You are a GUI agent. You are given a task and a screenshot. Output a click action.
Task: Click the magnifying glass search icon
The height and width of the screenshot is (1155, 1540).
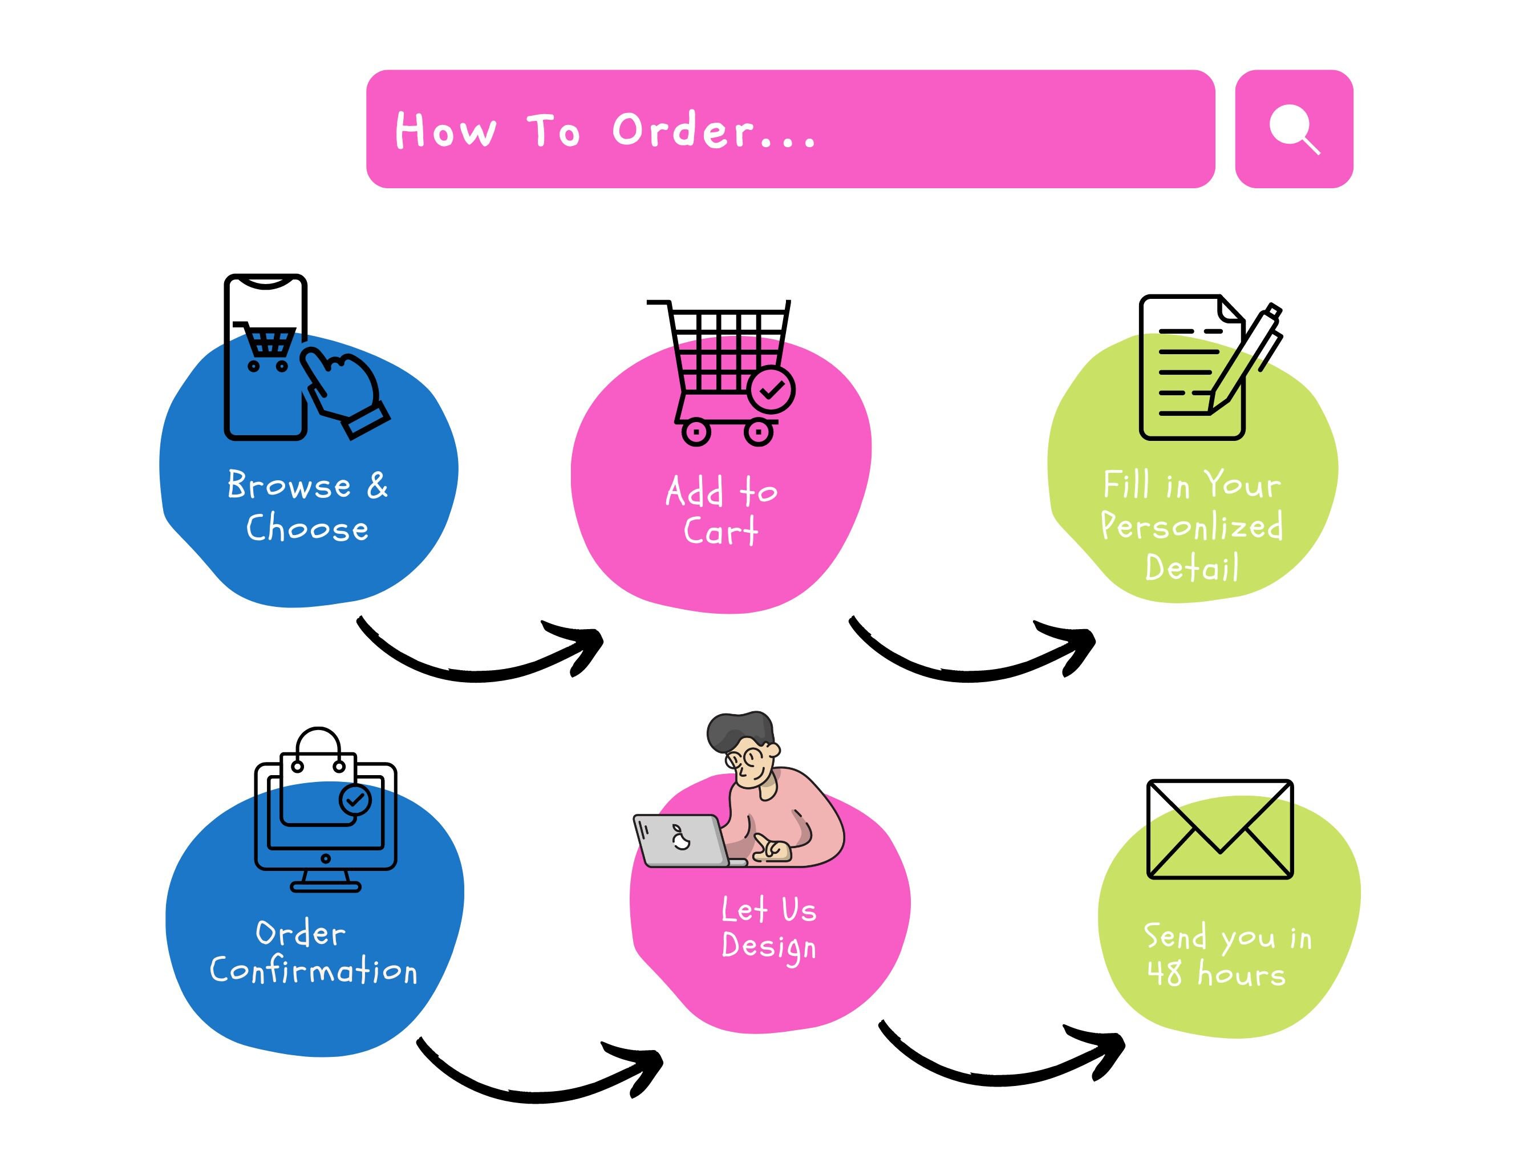(1294, 129)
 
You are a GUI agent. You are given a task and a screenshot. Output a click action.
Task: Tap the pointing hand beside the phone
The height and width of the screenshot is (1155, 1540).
(345, 392)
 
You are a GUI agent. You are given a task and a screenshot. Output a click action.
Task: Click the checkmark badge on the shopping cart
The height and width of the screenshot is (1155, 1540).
(771, 389)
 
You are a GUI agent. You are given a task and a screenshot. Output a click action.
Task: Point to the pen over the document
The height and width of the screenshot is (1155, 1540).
(1245, 359)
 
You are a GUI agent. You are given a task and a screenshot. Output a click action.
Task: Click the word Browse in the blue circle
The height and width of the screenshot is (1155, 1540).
(289, 485)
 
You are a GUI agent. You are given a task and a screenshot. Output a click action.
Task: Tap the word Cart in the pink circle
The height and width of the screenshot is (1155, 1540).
(720, 530)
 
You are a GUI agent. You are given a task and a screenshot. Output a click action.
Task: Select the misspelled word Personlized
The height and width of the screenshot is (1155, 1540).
(1192, 526)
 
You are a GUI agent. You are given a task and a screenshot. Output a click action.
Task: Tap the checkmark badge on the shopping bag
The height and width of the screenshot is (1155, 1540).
(355, 799)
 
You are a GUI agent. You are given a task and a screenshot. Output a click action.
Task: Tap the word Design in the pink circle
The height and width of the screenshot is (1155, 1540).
(769, 947)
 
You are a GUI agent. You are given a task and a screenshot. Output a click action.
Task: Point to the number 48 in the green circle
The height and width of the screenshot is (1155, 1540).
(1165, 972)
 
